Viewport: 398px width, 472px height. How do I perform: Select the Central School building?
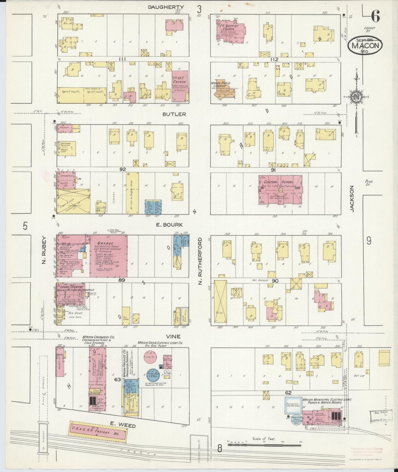click(280, 190)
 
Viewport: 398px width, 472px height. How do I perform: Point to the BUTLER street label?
click(174, 114)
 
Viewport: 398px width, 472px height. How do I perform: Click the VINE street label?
click(173, 336)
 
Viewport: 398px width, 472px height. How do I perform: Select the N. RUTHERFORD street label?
click(200, 261)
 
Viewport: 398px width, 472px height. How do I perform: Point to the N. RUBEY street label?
click(44, 251)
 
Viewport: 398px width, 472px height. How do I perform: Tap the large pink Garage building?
click(108, 256)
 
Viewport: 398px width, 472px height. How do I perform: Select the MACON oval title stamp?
click(365, 46)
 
